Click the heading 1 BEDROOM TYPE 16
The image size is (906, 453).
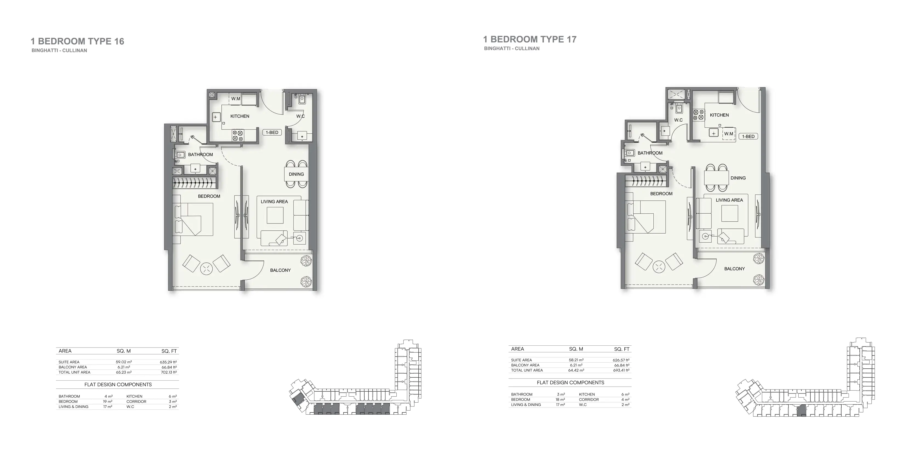coord(77,42)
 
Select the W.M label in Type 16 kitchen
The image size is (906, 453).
coord(236,99)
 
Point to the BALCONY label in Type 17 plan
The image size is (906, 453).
coord(734,269)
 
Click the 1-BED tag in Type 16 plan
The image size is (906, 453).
coord(272,133)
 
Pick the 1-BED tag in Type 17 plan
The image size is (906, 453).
coord(748,136)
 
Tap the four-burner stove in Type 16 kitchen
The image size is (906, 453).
coord(238,135)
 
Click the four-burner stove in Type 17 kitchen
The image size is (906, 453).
coord(698,115)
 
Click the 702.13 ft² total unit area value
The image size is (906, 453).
coord(169,372)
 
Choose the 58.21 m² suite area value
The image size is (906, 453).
coord(576,360)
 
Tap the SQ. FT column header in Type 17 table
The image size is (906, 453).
coord(622,349)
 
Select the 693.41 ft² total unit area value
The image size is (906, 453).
coord(621,370)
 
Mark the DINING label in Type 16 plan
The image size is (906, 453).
coord(296,174)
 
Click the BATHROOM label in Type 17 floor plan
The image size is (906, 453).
coord(650,153)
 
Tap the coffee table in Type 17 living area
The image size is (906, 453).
coord(730,213)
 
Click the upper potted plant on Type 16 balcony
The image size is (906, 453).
coord(306,261)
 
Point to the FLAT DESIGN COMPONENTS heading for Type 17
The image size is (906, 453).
coord(570,383)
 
